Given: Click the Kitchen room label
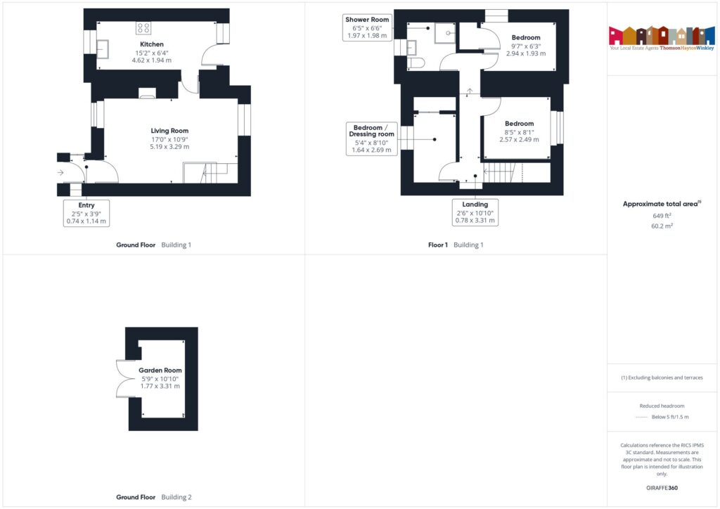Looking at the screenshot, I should tap(152, 44).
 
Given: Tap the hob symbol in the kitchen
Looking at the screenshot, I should tap(143, 28).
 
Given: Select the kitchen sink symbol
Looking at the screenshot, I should tap(103, 48).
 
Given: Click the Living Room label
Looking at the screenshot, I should tap(169, 131).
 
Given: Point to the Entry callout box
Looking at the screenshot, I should tap(86, 213).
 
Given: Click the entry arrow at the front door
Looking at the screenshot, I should tap(60, 172).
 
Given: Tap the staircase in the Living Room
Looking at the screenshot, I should tap(210, 172).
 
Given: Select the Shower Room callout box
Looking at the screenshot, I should tap(367, 27).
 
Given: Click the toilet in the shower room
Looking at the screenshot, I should tap(416, 63).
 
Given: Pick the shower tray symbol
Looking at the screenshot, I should tap(446, 32).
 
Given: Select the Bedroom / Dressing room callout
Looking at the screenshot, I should tap(372, 138).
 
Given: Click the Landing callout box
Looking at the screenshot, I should tap(475, 212).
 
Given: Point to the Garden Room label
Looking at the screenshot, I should tap(160, 371).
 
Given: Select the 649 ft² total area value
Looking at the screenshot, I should tap(661, 216).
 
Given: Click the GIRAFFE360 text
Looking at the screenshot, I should tap(661, 487).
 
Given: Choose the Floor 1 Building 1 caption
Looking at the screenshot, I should tap(456, 245).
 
